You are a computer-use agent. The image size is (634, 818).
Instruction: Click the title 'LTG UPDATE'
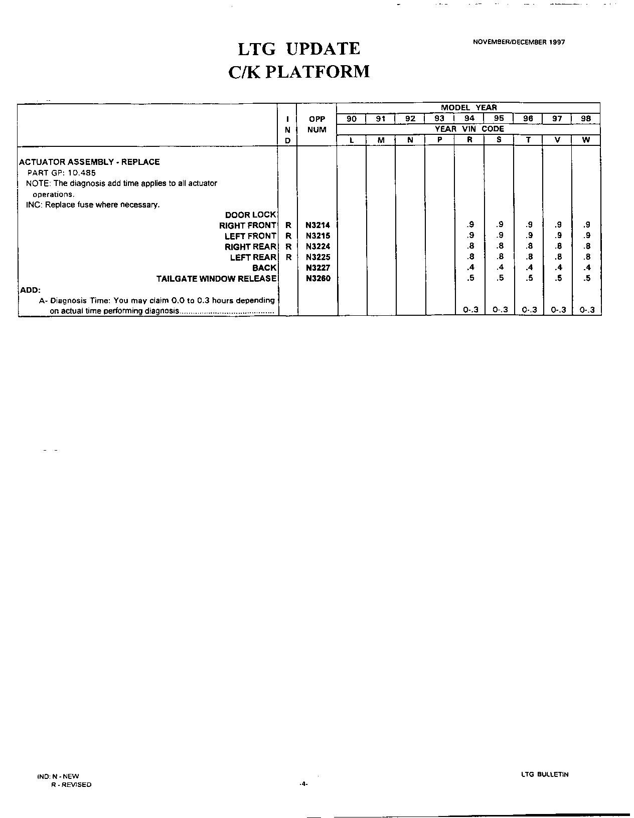[298, 49]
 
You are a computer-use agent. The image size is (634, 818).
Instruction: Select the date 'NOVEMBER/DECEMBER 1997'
[519, 42]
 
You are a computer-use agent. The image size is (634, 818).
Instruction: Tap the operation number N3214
[318, 226]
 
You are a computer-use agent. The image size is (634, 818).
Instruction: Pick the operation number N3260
[318, 278]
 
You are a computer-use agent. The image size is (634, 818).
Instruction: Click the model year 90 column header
[352, 119]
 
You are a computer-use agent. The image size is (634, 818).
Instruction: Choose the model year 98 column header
[586, 119]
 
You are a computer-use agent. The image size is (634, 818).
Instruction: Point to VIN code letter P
[439, 140]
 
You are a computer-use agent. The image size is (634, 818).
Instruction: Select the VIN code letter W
[586, 140]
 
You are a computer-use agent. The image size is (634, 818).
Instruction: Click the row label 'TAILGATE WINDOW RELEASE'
[216, 279]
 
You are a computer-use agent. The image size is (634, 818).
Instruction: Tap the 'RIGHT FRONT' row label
[248, 226]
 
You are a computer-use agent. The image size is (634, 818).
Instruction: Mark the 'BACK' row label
[264, 268]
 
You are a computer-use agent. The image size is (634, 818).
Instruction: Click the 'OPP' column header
[317, 119]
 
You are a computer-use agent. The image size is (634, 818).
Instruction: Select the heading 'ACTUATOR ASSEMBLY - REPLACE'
[89, 162]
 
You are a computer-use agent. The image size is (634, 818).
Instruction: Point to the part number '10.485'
[82, 172]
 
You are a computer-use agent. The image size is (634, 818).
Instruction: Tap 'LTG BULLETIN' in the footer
[545, 774]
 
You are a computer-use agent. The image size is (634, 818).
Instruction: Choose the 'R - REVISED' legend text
[71, 784]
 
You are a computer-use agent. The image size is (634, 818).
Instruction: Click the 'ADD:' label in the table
[30, 290]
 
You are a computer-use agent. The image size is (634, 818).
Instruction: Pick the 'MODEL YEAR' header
[468, 107]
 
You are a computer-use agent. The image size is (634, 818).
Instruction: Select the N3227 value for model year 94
[470, 268]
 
